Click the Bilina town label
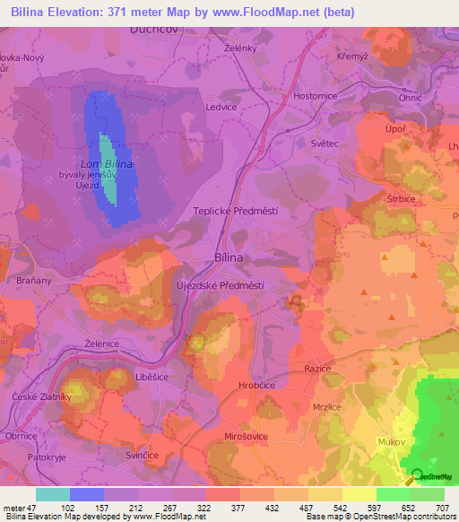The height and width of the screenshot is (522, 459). coord(229,257)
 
